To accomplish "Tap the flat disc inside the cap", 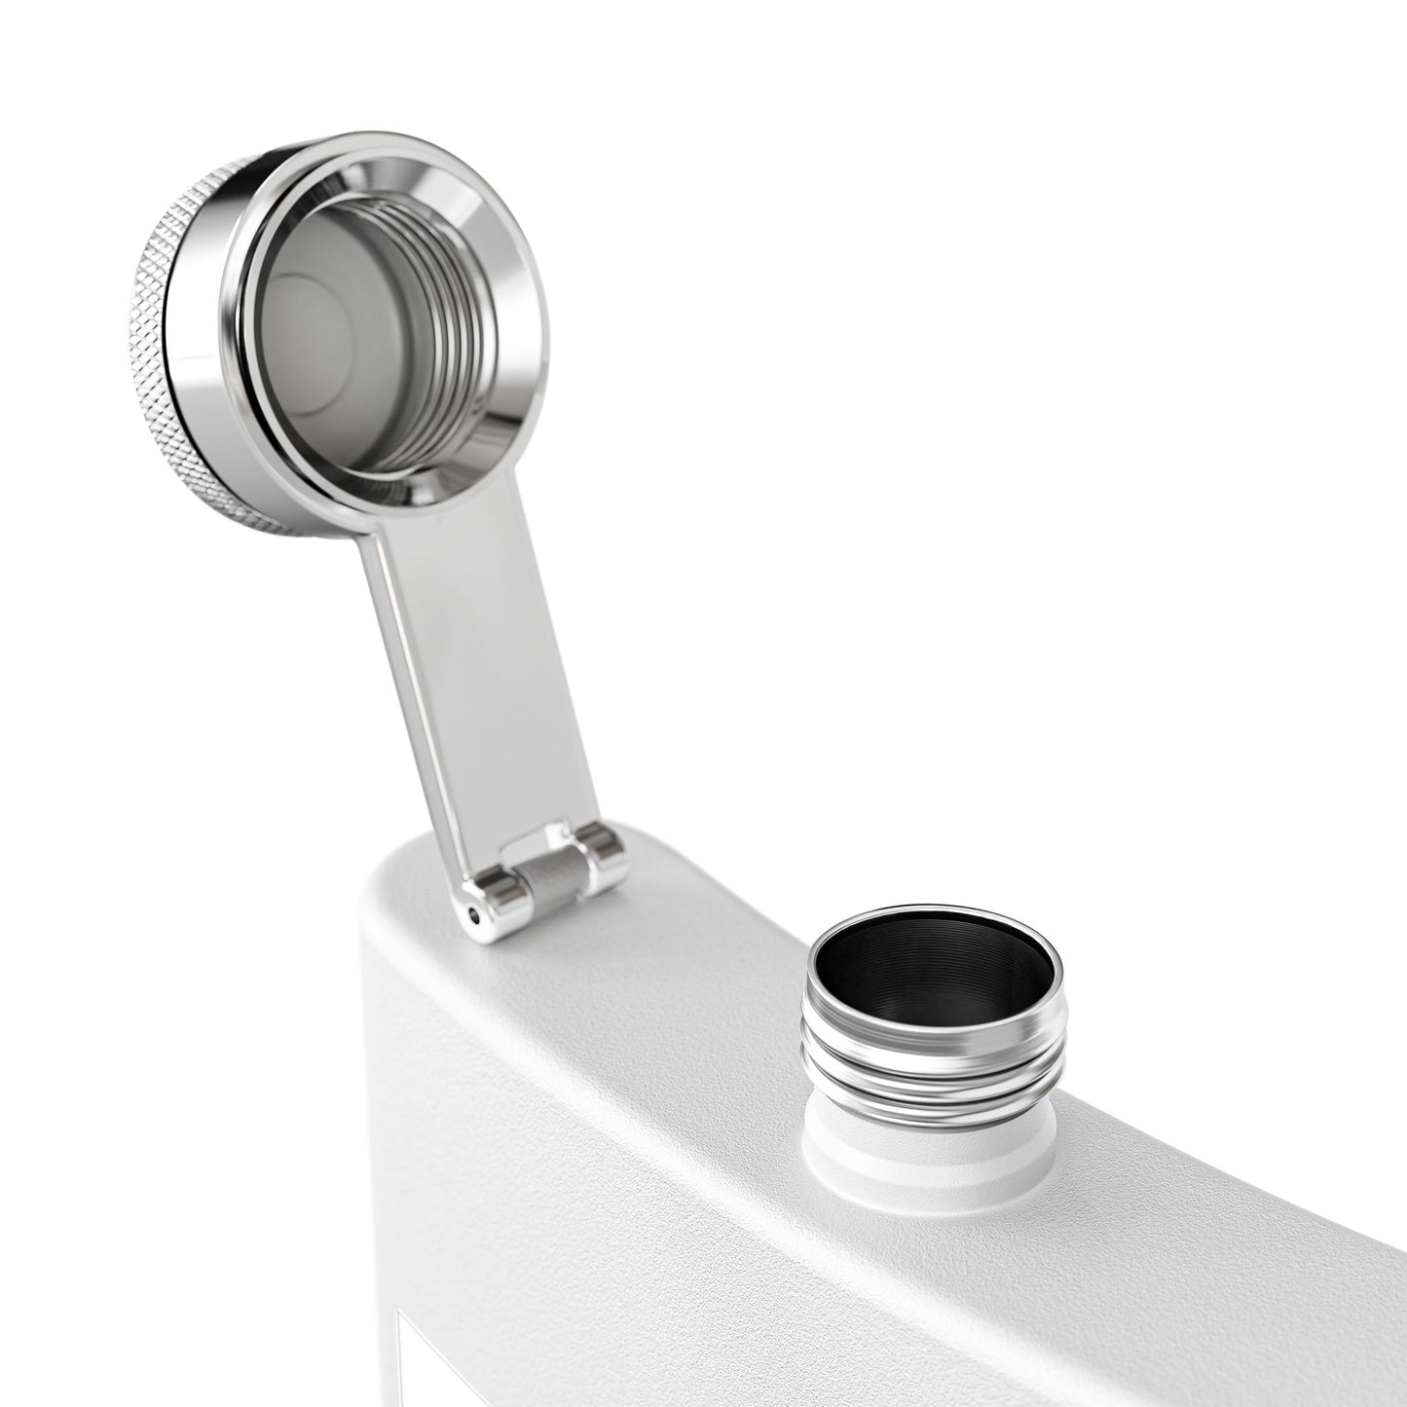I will pos(321,331).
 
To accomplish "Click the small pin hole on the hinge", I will pos(474,914).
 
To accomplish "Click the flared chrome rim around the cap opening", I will pos(506,321).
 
